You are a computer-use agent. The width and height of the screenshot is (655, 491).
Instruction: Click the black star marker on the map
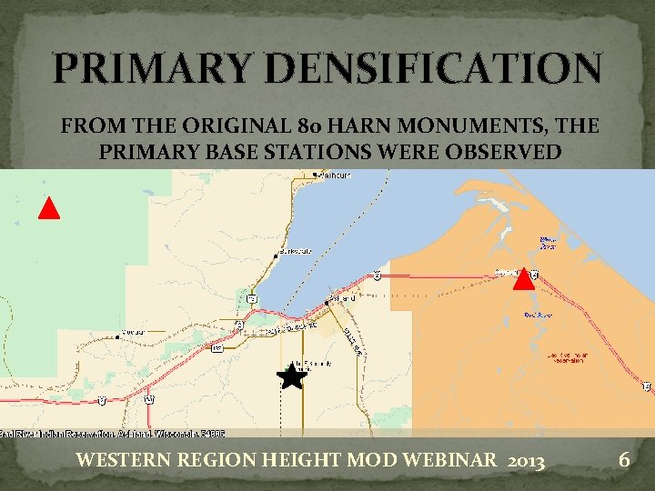click(292, 375)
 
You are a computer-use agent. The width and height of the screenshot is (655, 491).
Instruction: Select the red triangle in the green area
click(49, 208)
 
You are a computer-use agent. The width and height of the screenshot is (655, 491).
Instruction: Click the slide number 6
click(623, 460)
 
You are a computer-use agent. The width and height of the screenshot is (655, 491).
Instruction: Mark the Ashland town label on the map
click(343, 296)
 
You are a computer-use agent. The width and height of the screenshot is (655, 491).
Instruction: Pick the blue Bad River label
click(535, 316)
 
